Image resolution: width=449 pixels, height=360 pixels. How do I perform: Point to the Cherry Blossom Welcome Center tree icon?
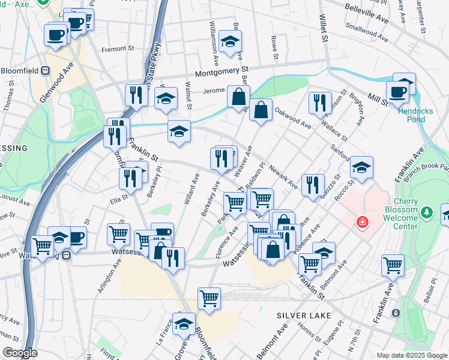427,212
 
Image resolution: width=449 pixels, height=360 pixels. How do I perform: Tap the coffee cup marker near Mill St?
397,92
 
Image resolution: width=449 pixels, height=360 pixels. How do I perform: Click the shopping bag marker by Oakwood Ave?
261,109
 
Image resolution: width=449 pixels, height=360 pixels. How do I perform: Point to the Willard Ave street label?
191,188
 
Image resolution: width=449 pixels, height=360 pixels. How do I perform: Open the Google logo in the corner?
20,353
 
